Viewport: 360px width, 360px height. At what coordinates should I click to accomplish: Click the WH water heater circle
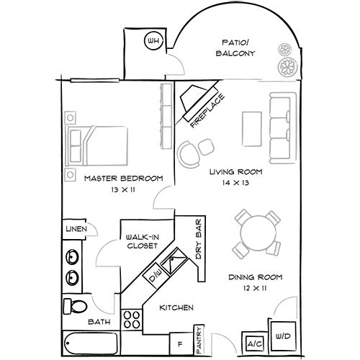[x=153, y=40]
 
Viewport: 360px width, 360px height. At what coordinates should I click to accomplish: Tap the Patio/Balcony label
[x=235, y=48]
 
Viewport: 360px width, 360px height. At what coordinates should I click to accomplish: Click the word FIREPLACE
[x=207, y=111]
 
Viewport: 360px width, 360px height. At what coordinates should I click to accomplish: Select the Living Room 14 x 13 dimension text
[x=235, y=183]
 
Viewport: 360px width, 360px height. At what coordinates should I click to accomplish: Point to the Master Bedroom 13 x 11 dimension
[x=123, y=189]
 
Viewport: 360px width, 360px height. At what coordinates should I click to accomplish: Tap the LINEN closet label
[x=76, y=229]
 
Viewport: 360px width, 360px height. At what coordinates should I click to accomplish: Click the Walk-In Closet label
[x=143, y=241]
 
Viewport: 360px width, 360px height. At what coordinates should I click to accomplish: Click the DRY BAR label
[x=199, y=239]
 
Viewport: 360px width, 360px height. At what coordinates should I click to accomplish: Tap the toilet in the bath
[x=75, y=306]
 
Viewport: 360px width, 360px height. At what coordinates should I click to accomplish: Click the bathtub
[x=91, y=343]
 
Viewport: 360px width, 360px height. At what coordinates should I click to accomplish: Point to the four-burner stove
[x=132, y=320]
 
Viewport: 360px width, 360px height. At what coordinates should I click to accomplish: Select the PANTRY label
[x=199, y=340]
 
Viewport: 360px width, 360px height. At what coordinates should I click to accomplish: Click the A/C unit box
[x=255, y=344]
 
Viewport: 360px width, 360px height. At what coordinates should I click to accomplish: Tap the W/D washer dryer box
[x=283, y=336]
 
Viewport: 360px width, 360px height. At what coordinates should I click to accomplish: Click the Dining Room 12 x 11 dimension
[x=255, y=288]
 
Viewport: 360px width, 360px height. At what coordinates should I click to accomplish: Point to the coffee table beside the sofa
[x=252, y=129]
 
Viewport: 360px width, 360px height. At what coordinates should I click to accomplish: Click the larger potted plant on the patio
[x=288, y=66]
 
